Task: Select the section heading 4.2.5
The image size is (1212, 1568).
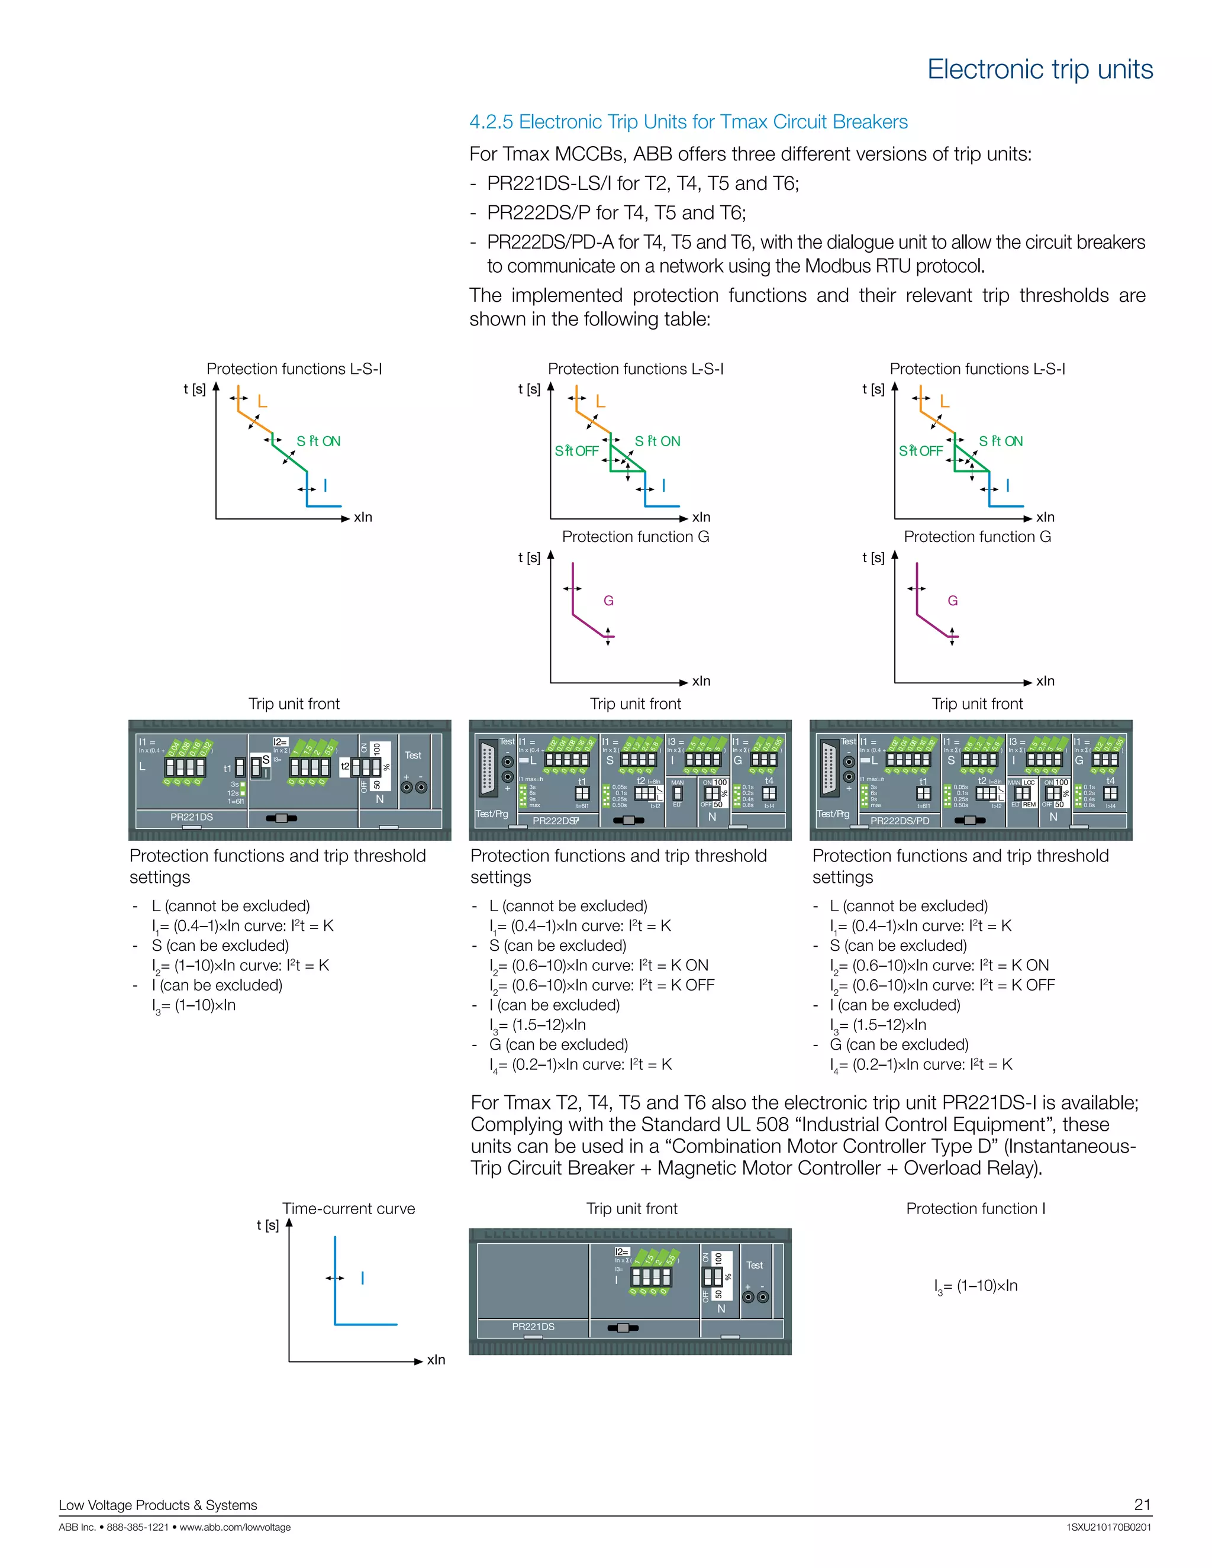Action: (688, 122)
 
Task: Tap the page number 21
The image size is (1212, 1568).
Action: (1142, 1504)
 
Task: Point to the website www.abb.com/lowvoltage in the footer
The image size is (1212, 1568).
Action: (235, 1527)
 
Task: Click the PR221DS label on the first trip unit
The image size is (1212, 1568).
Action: (191, 817)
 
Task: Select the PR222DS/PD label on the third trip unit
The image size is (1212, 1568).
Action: (899, 821)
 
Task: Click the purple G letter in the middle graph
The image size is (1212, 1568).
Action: (608, 601)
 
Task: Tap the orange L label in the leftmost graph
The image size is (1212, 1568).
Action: (262, 402)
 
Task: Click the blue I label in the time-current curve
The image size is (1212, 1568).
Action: (363, 1278)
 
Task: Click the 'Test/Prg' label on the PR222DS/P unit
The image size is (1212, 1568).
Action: (492, 814)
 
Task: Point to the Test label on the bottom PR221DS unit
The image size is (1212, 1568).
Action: (754, 1265)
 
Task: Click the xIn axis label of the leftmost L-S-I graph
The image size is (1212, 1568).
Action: (363, 517)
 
